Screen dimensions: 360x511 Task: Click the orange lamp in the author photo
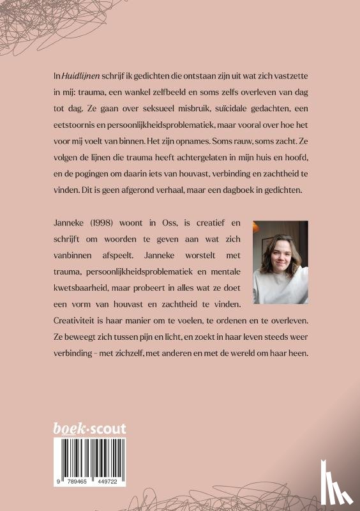(258, 227)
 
